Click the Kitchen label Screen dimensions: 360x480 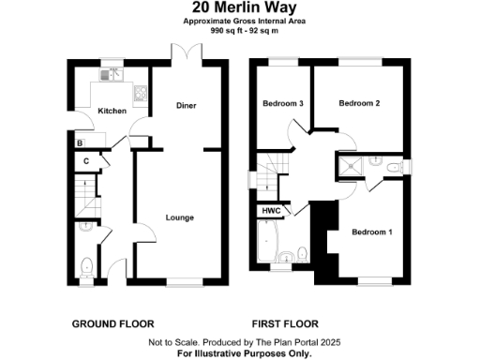112,112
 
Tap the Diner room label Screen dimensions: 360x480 186,106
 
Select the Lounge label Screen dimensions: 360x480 179,217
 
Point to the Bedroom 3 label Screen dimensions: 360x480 282,103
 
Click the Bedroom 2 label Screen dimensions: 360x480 358,103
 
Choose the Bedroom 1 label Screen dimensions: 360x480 372,232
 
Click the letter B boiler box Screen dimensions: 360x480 81,142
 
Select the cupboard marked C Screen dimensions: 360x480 86,160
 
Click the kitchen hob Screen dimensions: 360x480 141,92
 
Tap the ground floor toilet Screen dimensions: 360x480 85,266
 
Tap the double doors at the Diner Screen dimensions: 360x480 180,53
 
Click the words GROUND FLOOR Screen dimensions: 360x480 112,323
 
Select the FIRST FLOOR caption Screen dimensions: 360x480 286,323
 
